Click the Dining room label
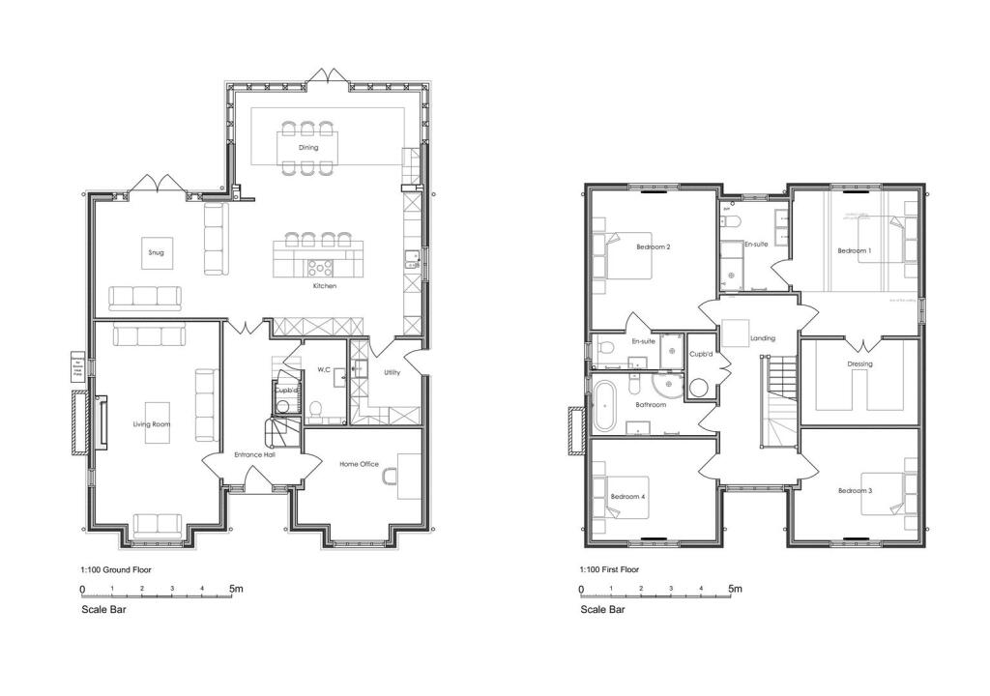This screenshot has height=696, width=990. [308, 148]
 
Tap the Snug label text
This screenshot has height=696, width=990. [156, 253]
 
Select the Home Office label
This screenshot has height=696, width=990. [359, 465]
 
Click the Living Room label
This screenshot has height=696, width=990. [152, 424]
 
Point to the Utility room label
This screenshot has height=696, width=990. [392, 372]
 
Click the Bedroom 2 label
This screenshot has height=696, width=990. [654, 247]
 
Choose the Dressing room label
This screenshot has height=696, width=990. [859, 364]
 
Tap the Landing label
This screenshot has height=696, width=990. [763, 338]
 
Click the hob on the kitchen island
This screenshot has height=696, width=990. [320, 267]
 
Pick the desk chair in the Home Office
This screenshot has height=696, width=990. [391, 478]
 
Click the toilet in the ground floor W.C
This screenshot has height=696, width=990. [315, 409]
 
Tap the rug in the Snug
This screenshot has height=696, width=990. [156, 253]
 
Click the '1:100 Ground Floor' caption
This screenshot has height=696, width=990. [116, 570]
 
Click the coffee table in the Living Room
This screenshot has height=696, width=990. [157, 423]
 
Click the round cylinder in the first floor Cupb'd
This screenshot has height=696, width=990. [699, 387]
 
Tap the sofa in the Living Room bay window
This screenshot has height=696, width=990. [157, 525]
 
